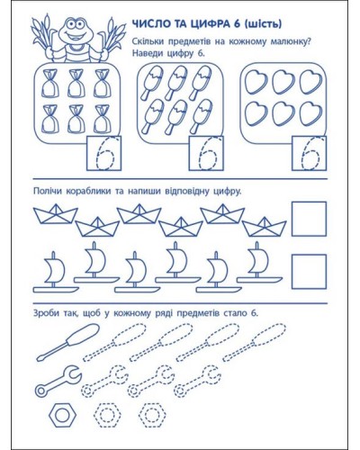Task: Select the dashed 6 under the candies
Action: coord(105,154)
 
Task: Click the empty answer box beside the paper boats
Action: coord(309,219)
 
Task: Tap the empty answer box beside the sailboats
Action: coord(309,272)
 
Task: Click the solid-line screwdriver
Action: coord(68,342)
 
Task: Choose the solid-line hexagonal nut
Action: coord(62,415)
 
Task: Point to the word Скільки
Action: coord(148,41)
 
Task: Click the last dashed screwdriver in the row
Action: coord(255,342)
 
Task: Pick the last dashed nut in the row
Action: coord(152,415)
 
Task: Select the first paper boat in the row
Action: coord(56,213)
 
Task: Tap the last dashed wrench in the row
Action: coord(197,381)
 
